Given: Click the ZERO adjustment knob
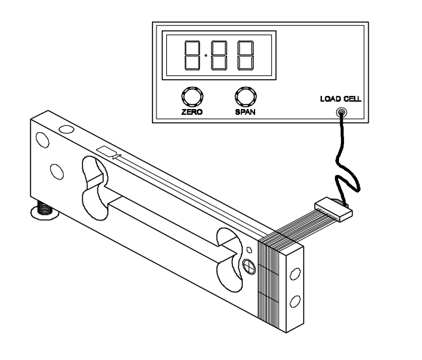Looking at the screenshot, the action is tap(192, 97).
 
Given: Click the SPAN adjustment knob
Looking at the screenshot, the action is tap(245, 97).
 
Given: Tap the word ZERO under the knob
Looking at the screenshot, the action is tap(192, 112).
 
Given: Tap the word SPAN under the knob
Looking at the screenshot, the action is tap(245, 112).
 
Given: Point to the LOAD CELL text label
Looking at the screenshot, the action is tap(341, 99).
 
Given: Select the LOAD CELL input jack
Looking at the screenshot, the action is tap(341, 112).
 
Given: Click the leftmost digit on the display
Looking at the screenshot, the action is tap(192, 55).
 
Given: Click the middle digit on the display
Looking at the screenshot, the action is tap(219, 55).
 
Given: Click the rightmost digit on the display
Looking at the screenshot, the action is tap(245, 55).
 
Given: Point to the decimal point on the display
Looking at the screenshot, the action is tap(206, 56).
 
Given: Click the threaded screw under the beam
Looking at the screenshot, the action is tap(44, 208).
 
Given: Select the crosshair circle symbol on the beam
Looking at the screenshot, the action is tap(249, 267).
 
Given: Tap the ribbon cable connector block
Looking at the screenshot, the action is tap(334, 210).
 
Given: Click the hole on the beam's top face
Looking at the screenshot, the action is tap(66, 129).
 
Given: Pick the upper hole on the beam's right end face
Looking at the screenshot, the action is tap(295, 274).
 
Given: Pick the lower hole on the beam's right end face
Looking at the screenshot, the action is tap(295, 302).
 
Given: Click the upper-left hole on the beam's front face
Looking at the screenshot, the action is tap(42, 140).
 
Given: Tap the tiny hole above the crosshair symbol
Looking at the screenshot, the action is tap(249, 250).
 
